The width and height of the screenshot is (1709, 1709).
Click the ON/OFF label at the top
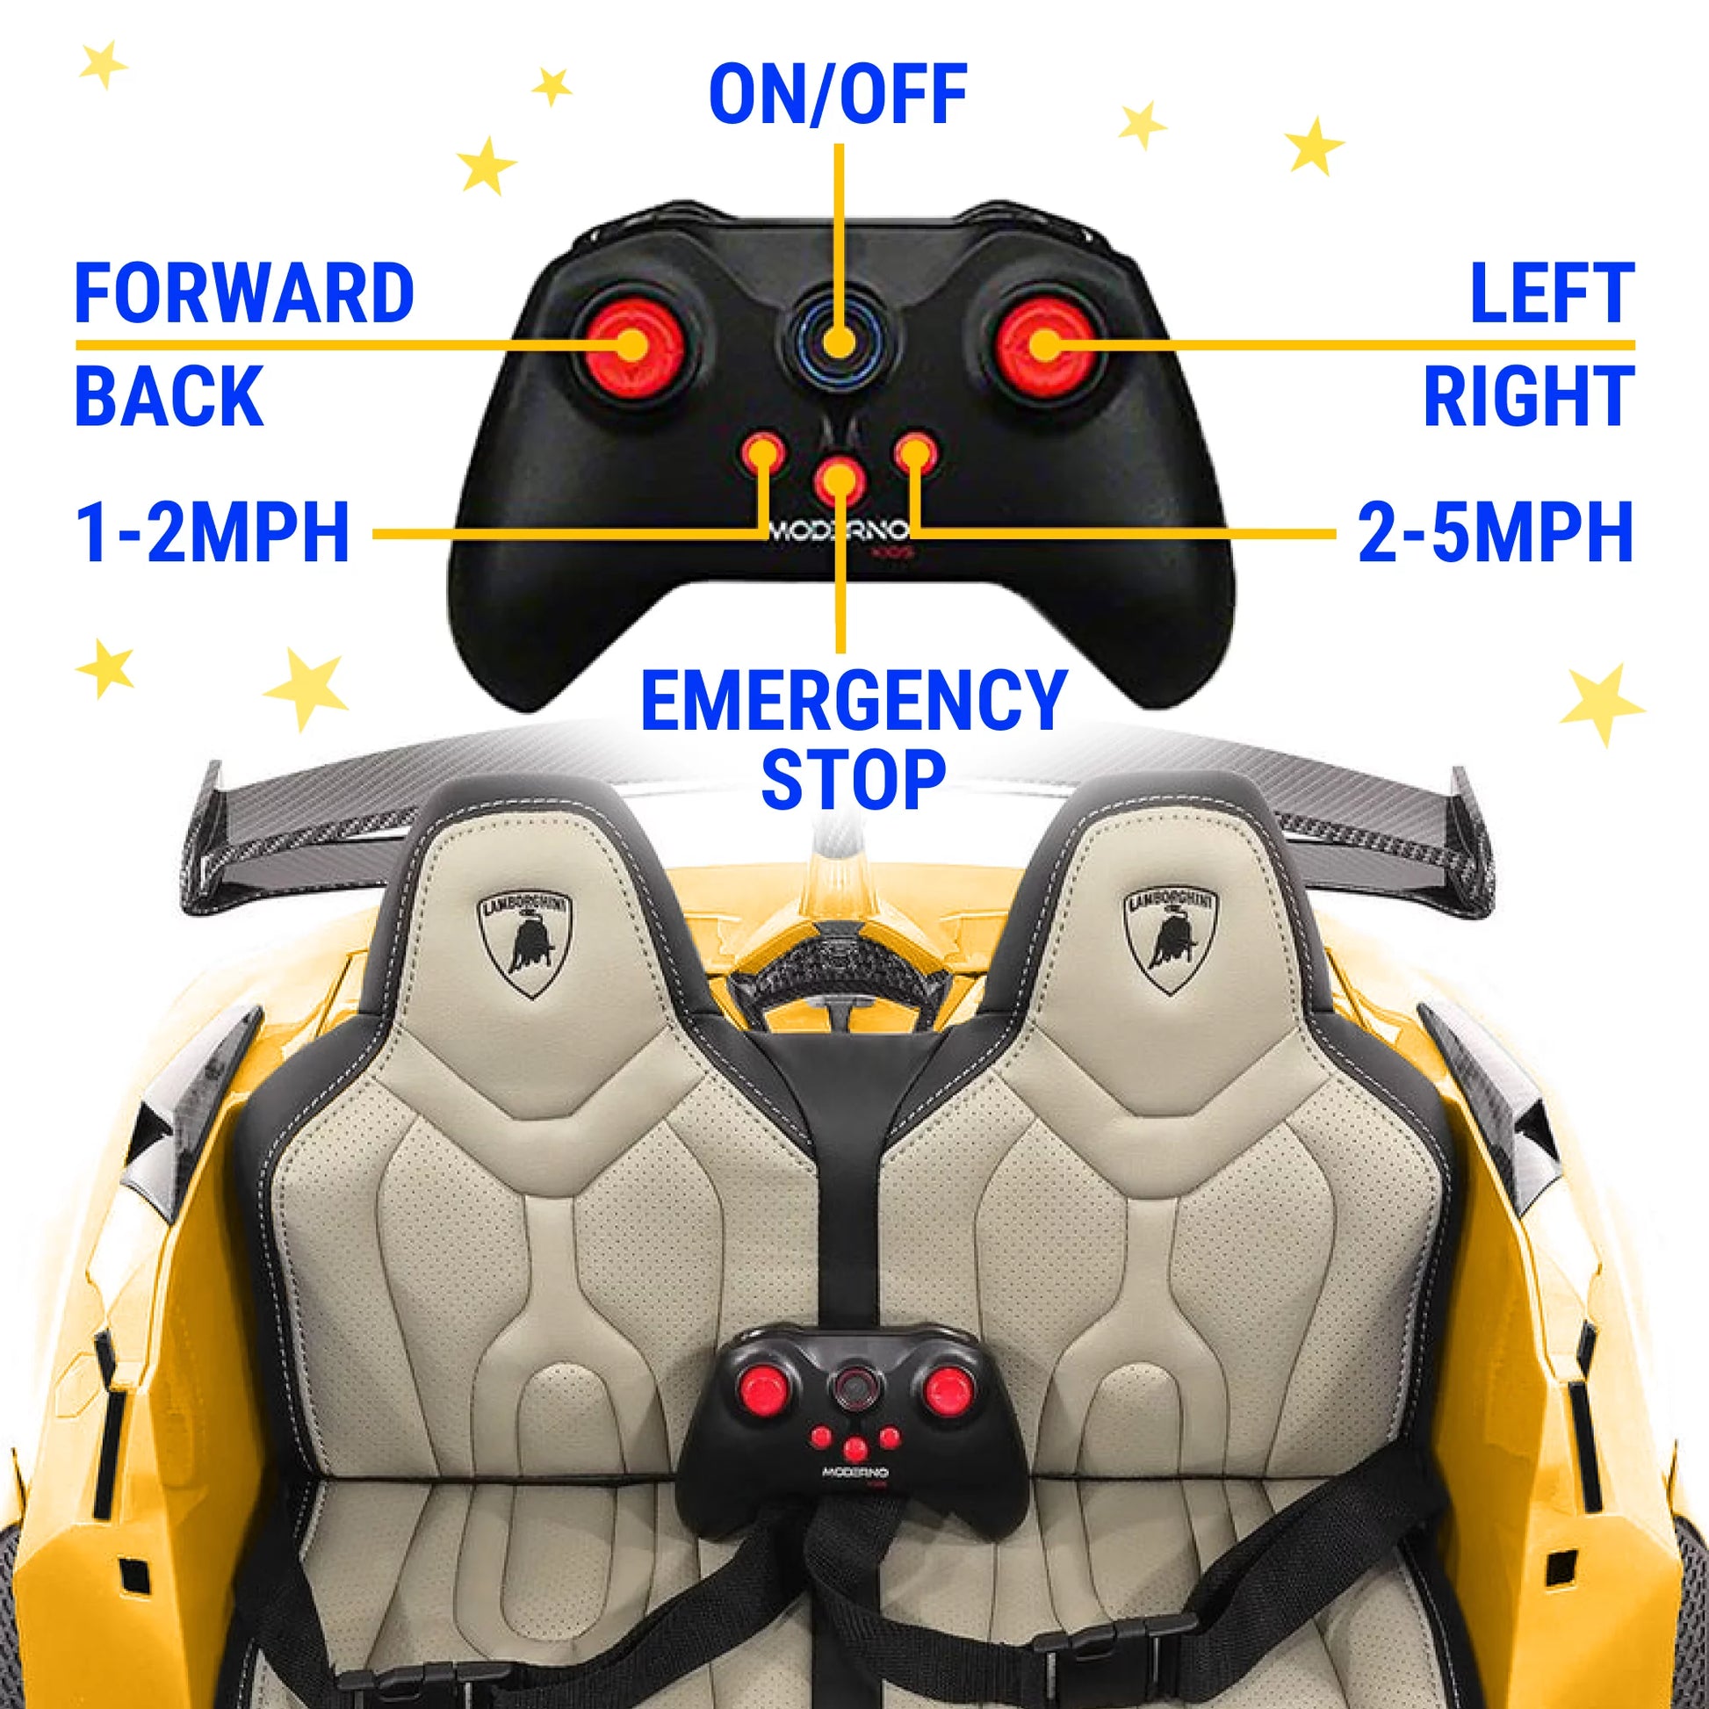[x=837, y=95]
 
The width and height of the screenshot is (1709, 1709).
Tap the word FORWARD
[x=244, y=293]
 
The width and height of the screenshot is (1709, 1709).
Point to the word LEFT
[x=1551, y=293]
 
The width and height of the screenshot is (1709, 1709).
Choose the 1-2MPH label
[x=213, y=532]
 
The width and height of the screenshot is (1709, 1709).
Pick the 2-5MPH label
[x=1495, y=532]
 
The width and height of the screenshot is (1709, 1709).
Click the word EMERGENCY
[x=854, y=701]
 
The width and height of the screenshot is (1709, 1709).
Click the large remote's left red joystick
[x=631, y=345]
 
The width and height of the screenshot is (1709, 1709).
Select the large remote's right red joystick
[x=1045, y=345]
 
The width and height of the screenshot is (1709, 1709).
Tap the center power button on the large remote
[x=838, y=342]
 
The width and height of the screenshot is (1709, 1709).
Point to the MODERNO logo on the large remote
[x=839, y=530]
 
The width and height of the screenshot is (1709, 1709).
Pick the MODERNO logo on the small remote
[x=854, y=1473]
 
